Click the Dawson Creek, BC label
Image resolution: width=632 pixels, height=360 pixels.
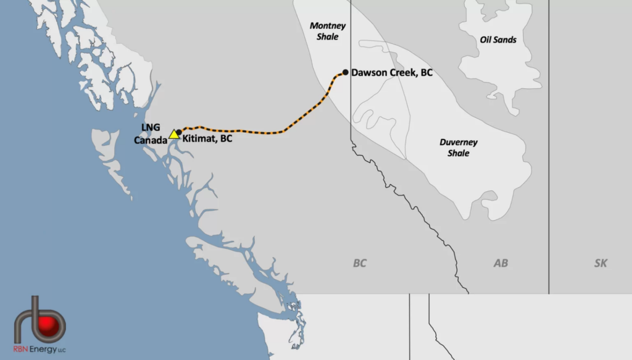[392, 72]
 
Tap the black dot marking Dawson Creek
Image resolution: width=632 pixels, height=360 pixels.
[346, 72]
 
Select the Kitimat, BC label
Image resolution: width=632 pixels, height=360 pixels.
[208, 139]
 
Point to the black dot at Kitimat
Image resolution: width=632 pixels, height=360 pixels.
[179, 132]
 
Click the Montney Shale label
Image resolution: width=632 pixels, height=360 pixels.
[328, 31]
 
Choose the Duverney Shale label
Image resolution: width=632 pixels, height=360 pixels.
[459, 148]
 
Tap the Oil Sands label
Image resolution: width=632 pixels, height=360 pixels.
[498, 40]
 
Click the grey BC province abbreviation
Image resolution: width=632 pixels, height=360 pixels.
[360, 264]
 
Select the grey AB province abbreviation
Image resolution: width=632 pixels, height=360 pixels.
[501, 264]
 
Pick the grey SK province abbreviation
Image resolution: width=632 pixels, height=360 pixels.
[601, 264]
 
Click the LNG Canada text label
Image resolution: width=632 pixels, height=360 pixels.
[151, 133]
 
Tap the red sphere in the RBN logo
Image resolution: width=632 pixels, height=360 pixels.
[48, 325]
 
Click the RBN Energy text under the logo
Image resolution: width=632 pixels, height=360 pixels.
[39, 350]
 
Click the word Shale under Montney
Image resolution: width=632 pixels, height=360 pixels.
[328, 37]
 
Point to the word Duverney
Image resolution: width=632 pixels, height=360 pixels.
[459, 142]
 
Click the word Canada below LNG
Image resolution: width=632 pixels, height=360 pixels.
[151, 140]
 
